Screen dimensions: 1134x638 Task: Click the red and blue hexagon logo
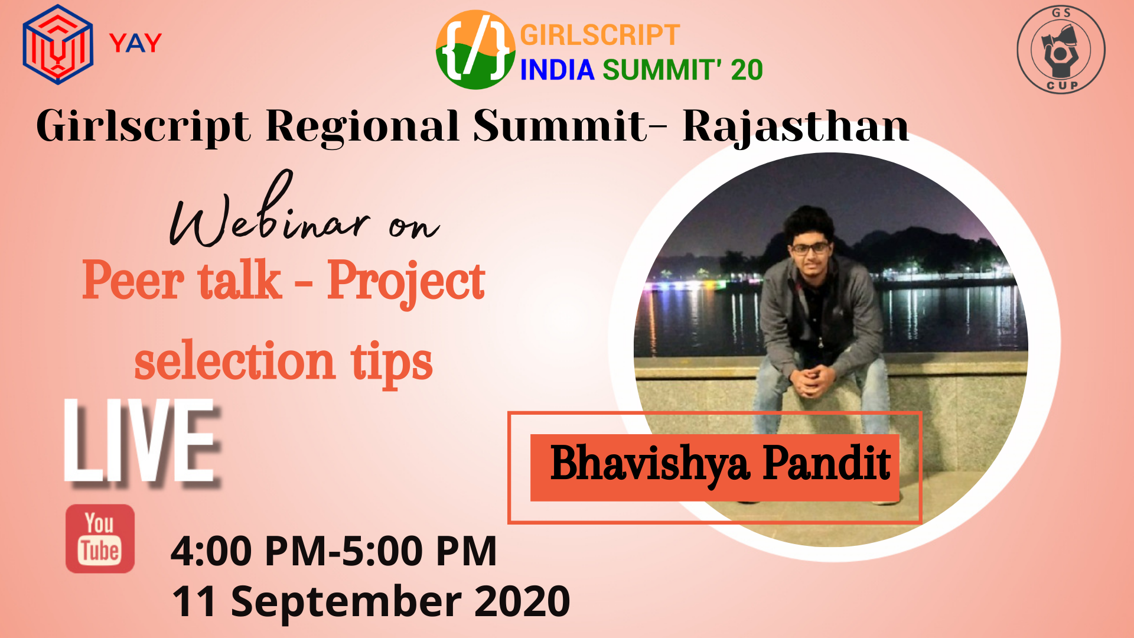pyautogui.click(x=58, y=45)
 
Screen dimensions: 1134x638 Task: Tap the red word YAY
pyautogui.click(x=135, y=43)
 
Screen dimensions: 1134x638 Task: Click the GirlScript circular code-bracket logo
pyautogui.click(x=475, y=50)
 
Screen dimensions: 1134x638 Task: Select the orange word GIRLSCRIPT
pyautogui.click(x=599, y=35)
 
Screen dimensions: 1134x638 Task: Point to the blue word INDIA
pyautogui.click(x=557, y=70)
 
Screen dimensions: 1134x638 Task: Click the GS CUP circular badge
pyautogui.click(x=1061, y=49)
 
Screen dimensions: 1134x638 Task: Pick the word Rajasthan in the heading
pyautogui.click(x=796, y=126)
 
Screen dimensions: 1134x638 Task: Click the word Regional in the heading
pyautogui.click(x=363, y=126)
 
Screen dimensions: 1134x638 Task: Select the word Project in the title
pyautogui.click(x=406, y=282)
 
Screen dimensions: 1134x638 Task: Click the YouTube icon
pyautogui.click(x=100, y=538)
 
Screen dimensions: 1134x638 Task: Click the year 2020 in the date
pyautogui.click(x=522, y=601)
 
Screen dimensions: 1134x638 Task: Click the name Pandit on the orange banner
pyautogui.click(x=826, y=463)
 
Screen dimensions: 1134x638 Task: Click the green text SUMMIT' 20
pyautogui.click(x=683, y=70)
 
